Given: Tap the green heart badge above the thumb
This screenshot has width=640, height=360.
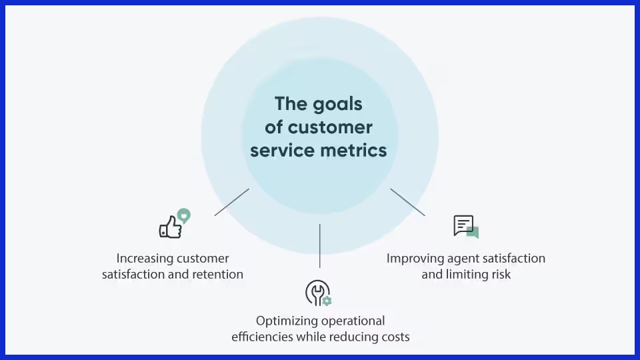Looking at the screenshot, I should pos(183,215).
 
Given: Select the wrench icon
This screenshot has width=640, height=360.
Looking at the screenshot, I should pos(316,292).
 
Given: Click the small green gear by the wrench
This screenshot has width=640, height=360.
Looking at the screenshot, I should pos(326,301).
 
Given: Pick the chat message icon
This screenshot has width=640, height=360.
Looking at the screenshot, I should pos(465,227).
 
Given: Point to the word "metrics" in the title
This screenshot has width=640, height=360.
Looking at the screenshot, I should pos(357,150).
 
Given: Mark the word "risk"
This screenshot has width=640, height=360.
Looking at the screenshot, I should pos(499,274).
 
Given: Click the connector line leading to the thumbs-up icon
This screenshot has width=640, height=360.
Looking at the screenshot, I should pos(231,202).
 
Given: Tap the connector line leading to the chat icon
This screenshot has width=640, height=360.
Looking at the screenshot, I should pos(407,202).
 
